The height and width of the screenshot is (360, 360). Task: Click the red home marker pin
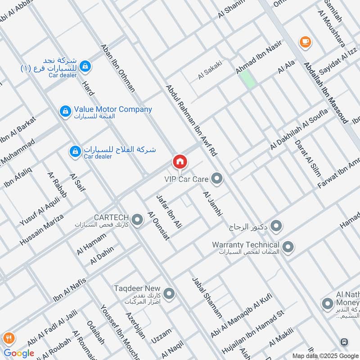[180, 162]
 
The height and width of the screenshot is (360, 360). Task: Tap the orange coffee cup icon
[305, 42]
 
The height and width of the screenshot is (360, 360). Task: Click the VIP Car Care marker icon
[217, 179]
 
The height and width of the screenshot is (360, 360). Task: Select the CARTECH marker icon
[138, 220]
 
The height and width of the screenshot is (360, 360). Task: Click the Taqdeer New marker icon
[169, 294]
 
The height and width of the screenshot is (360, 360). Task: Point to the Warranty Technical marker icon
[288, 247]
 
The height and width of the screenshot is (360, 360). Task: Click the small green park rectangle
[246, 79]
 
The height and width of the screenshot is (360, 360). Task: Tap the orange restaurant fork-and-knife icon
[8, 337]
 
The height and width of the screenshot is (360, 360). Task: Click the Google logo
[19, 353]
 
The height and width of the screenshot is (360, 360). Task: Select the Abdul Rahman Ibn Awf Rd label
[191, 120]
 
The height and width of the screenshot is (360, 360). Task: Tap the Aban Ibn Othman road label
[118, 68]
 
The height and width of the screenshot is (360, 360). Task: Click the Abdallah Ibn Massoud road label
[326, 93]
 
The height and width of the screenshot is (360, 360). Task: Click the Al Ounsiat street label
[158, 225]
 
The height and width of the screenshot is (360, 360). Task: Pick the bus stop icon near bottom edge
[345, 342]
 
